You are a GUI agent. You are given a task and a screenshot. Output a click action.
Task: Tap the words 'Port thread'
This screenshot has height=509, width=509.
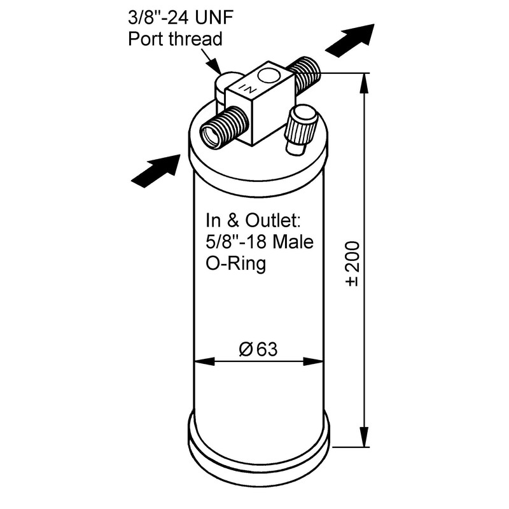175,38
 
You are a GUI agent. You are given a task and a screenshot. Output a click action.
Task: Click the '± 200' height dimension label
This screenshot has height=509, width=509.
354,262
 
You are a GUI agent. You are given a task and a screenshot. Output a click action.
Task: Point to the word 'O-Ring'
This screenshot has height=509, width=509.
235,263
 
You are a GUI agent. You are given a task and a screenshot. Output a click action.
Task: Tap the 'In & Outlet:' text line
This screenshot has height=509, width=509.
252,220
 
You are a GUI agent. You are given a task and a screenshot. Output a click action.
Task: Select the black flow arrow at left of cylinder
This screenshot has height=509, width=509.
155,170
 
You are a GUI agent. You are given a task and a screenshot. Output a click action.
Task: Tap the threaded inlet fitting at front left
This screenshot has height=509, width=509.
222,127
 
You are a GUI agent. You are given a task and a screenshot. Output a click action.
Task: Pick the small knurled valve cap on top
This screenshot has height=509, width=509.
300,129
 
